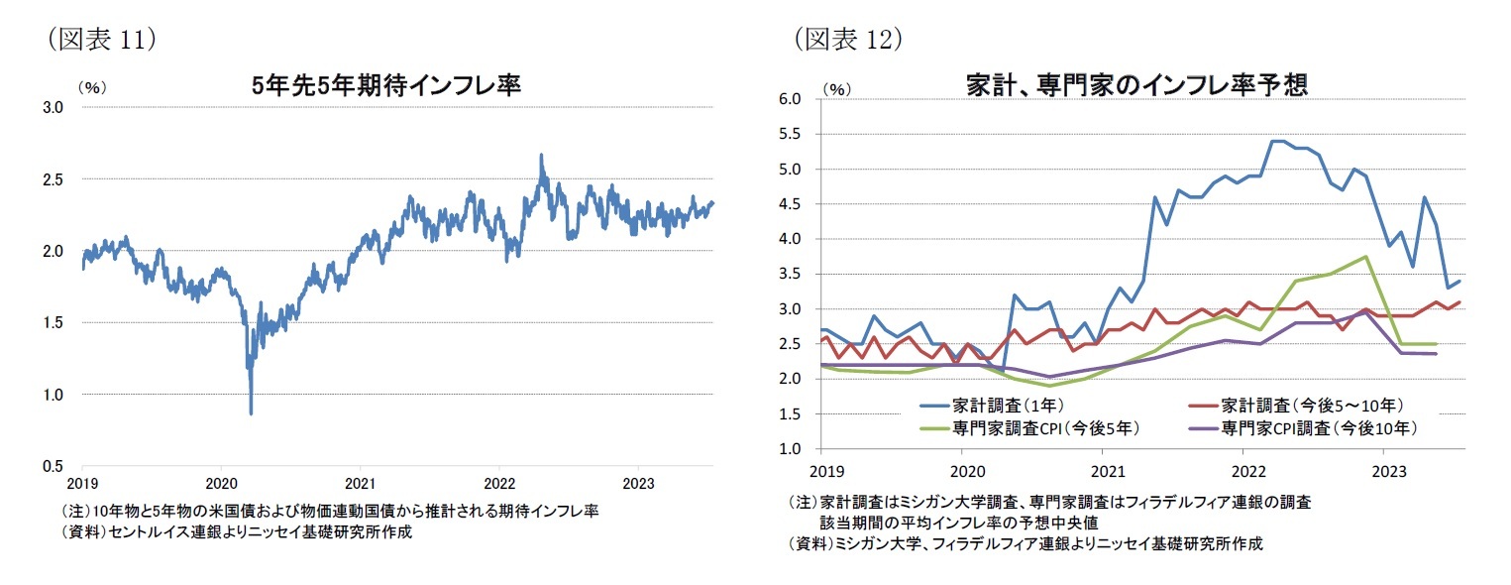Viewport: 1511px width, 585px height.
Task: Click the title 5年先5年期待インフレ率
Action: coord(386,86)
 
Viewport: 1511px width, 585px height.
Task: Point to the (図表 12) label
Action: coord(849,39)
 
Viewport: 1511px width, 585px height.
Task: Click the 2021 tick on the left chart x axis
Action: coord(360,484)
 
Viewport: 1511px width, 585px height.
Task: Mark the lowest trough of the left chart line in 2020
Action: coord(251,413)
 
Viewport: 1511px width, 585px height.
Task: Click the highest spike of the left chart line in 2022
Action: coord(541,155)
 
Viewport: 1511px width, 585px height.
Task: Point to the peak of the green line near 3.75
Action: coord(1366,257)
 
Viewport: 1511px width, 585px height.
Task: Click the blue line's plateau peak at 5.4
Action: coord(1277,141)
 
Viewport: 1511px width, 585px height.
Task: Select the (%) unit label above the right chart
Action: coord(837,89)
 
